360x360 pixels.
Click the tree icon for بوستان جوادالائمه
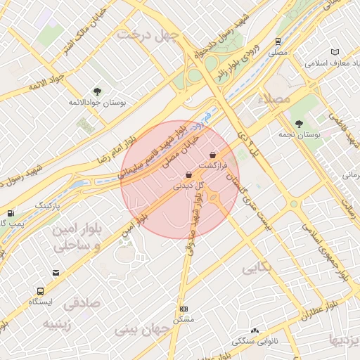pos(97,91)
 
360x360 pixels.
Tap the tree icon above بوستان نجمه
pos(299,124)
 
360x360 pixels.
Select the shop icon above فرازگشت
pos(213,155)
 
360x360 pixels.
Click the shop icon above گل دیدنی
pos(188,175)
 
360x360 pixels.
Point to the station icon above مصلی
pos(278,41)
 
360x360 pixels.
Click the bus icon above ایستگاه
pos(40,290)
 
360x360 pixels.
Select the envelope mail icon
pos(56,273)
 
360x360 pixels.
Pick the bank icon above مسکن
pos(184,309)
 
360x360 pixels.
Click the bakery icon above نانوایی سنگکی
pos(254,330)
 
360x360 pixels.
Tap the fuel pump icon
pos(10,213)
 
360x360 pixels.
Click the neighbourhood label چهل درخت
pos(149,34)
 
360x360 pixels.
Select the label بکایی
pos(257,268)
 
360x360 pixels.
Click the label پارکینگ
pos(48,205)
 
